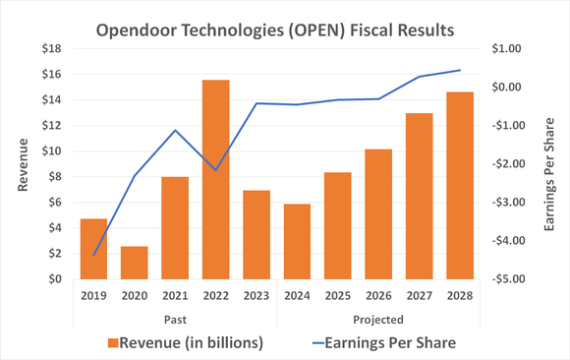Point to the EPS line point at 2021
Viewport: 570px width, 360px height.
pos(176,130)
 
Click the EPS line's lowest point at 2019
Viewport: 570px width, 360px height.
pos(94,256)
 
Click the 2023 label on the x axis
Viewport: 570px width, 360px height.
pos(256,294)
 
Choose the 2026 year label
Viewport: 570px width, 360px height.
pos(378,294)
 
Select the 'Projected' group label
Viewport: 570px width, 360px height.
pos(378,319)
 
